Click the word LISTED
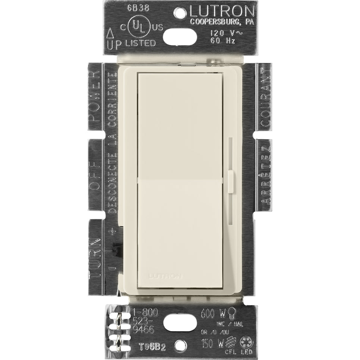[x=141, y=43]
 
